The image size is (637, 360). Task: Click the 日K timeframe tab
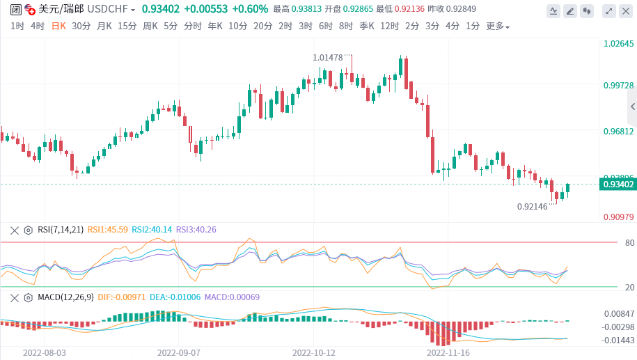[x=58, y=26]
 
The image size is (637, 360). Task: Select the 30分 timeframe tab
[x=81, y=26]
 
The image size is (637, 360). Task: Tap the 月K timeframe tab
[x=104, y=26]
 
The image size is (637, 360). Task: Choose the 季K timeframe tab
[x=367, y=26]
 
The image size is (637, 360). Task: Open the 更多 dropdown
[x=497, y=26]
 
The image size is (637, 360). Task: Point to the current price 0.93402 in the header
[x=160, y=9]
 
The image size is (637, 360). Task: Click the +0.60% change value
[x=249, y=9]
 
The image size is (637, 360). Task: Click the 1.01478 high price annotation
[x=328, y=57]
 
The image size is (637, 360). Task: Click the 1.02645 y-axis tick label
[x=618, y=44]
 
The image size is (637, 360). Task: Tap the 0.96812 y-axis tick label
[x=618, y=131]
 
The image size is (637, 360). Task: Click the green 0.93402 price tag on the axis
[x=618, y=185]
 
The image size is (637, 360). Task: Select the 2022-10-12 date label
[x=314, y=352]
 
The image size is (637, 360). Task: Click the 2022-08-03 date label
[x=45, y=352]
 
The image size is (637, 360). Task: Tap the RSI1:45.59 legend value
[x=108, y=229]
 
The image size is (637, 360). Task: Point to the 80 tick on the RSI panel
[x=611, y=242]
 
